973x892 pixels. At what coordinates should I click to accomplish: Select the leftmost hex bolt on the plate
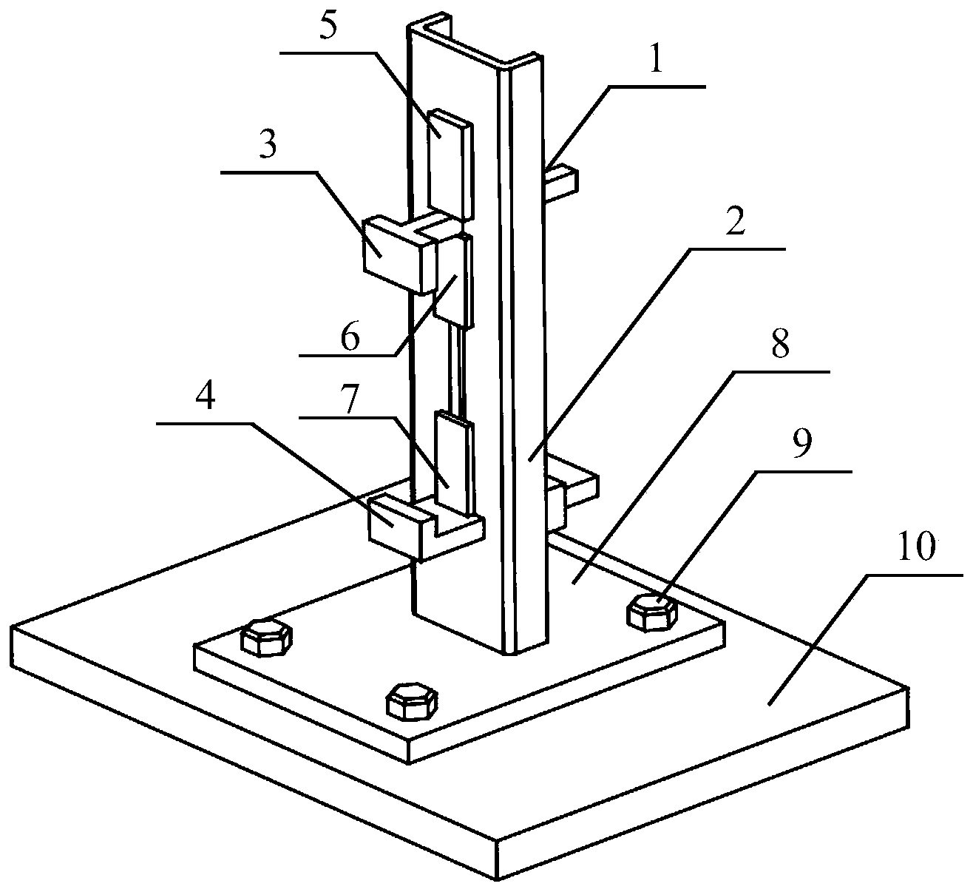266,638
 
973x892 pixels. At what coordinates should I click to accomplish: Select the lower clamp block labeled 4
399,527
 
